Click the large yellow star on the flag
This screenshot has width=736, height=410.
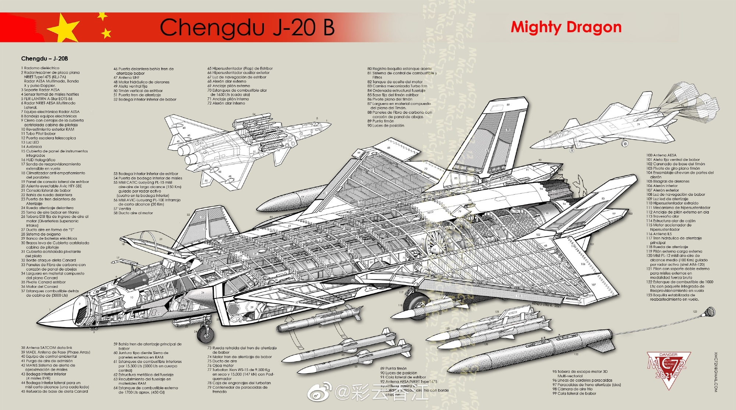pyautogui.click(x=63, y=28)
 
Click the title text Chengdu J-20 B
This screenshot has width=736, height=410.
pyautogui.click(x=247, y=28)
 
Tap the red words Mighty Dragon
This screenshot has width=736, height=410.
pyautogui.click(x=566, y=27)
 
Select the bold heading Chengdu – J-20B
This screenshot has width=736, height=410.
pyautogui.click(x=45, y=59)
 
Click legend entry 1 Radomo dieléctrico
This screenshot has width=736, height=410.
pyautogui.click(x=40, y=68)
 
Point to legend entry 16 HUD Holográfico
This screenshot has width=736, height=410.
pyautogui.click(x=38, y=160)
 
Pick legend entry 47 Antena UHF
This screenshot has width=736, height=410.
pyautogui.click(x=127, y=78)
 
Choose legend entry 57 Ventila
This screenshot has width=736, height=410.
pyautogui.click(x=122, y=209)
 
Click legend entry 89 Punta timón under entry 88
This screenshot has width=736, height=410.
pyautogui.click(x=381, y=121)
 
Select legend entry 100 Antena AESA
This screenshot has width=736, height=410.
pyautogui.click(x=661, y=155)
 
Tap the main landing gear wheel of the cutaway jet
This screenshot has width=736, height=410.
pyautogui.click(x=416, y=304)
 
